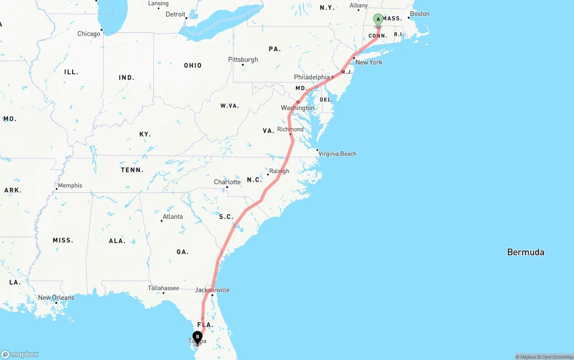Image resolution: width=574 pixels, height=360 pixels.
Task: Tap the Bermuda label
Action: (x=526, y=252)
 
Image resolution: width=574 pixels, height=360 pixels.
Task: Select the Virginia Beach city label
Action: (x=337, y=154)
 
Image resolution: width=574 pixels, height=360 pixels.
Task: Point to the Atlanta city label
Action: (x=173, y=217)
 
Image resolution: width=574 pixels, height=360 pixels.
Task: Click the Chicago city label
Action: (x=89, y=34)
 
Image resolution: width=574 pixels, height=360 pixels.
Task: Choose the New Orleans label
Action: (x=56, y=297)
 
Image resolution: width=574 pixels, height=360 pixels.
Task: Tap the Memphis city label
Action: (x=70, y=185)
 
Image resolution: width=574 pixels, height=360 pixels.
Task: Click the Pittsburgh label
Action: (x=243, y=60)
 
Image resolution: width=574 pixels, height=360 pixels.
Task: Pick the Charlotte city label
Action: (x=227, y=182)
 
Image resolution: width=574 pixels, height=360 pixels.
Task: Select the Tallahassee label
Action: (x=163, y=288)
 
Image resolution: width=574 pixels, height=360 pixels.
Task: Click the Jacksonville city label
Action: (x=212, y=290)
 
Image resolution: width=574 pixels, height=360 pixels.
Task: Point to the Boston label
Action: (x=420, y=13)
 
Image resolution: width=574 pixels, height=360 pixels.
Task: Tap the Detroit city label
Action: (x=175, y=14)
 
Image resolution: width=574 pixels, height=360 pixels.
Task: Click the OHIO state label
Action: (x=193, y=65)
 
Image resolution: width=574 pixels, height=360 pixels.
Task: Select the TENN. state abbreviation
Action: (x=132, y=170)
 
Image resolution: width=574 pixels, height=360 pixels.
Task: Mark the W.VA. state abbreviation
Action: (x=230, y=106)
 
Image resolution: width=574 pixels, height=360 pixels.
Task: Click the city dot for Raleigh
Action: (x=268, y=174)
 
